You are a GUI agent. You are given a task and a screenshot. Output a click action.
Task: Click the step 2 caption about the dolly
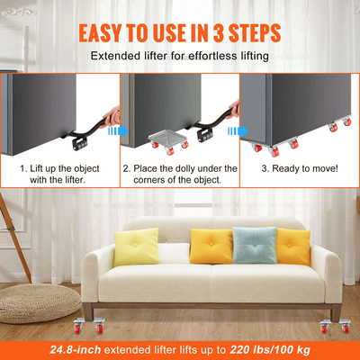tap(180, 175)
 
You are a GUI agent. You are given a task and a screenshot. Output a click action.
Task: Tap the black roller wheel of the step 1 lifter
tap(76, 141)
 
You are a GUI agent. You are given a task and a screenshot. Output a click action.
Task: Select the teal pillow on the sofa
tap(255, 245)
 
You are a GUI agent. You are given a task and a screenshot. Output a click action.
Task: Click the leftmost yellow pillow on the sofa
tap(134, 247)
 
